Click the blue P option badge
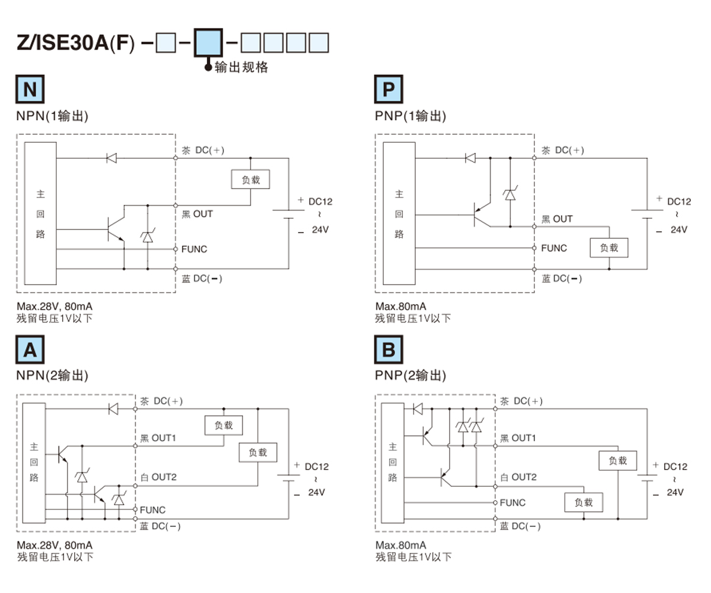pyautogui.click(x=389, y=90)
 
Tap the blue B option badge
pyautogui.click(x=389, y=350)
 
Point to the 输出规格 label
pyautogui.click(x=241, y=68)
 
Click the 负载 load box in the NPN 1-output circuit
pyautogui.click(x=250, y=179)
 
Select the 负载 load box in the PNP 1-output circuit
pyautogui.click(x=609, y=248)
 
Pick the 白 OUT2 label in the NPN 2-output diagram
pyautogui.click(x=158, y=477)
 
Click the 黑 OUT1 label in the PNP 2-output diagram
pyautogui.click(x=518, y=438)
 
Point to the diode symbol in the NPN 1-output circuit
pyautogui.click(x=111, y=158)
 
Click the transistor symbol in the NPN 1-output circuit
pyautogui.click(x=114, y=228)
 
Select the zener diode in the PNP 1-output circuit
pyautogui.click(x=510, y=195)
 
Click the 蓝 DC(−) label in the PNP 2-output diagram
pyautogui.click(x=520, y=526)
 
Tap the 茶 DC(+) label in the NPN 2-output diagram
pyautogui.click(x=161, y=401)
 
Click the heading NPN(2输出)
pyautogui.click(x=53, y=375)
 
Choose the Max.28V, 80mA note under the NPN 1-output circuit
pyautogui.click(x=54, y=307)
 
